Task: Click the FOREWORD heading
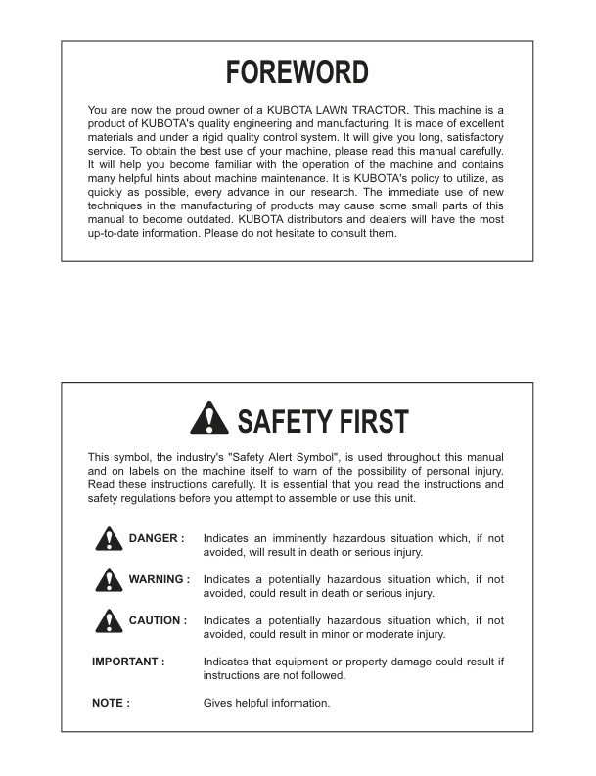[x=297, y=72]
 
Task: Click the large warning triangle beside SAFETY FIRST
[x=208, y=420]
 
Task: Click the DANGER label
[x=157, y=538]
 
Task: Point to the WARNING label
[x=159, y=579]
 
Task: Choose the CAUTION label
[x=157, y=620]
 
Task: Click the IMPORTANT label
[x=128, y=662]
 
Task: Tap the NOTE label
[x=111, y=703]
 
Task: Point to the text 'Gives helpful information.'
[x=266, y=703]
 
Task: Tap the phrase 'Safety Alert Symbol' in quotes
[x=316, y=457]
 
